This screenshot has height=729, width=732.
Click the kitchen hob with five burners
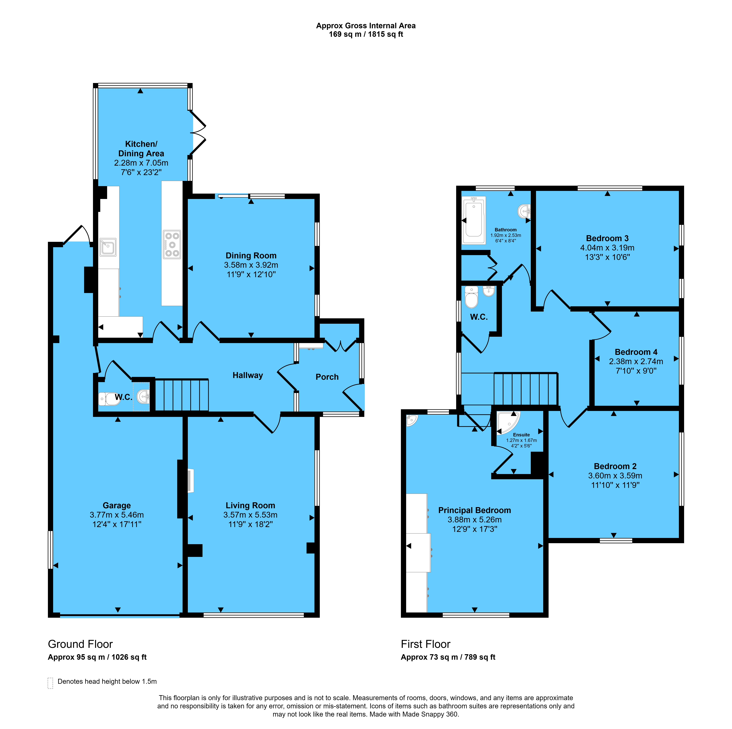(172, 245)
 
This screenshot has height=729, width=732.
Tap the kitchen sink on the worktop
(108, 247)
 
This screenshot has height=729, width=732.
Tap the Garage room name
(117, 505)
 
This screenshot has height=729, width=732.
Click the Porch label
(327, 377)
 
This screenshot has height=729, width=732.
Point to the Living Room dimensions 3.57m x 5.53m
(250, 515)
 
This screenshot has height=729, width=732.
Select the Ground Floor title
(80, 644)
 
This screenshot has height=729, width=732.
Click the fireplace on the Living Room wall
(191, 481)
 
